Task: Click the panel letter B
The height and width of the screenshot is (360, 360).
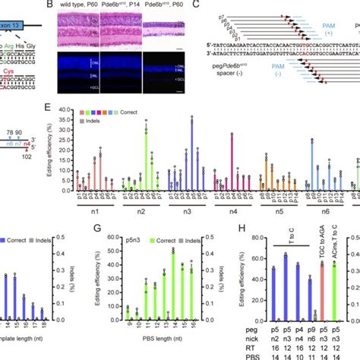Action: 51,5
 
